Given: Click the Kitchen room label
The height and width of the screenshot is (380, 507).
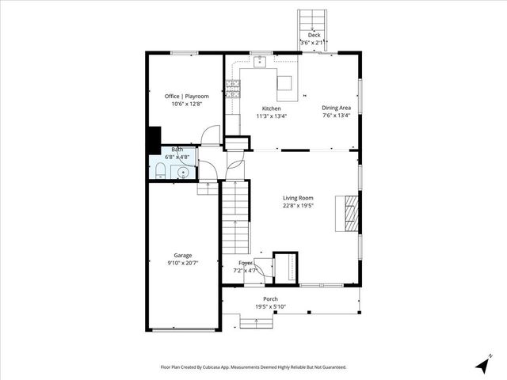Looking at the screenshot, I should click(271, 108).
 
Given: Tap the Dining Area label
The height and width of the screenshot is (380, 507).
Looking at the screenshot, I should click(336, 108).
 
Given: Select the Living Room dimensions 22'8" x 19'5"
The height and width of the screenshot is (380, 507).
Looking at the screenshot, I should click(299, 206).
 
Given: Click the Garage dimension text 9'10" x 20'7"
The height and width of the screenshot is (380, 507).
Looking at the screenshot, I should click(182, 263).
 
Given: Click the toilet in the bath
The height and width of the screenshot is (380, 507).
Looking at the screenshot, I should click(159, 173).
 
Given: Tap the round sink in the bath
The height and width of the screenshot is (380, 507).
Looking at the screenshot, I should click(184, 172).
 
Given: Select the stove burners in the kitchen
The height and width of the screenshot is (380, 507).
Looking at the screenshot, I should click(233, 89).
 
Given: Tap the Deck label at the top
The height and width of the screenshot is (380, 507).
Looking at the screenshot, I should click(314, 36).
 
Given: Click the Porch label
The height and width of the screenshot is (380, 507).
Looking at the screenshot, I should click(272, 299).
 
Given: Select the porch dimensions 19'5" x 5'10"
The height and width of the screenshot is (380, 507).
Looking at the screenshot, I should click(272, 307).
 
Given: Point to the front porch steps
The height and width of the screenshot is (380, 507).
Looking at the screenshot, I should click(258, 321).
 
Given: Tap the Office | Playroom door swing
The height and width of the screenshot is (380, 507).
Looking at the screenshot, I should click(210, 135).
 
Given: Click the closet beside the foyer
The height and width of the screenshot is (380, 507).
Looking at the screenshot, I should click(285, 266).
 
